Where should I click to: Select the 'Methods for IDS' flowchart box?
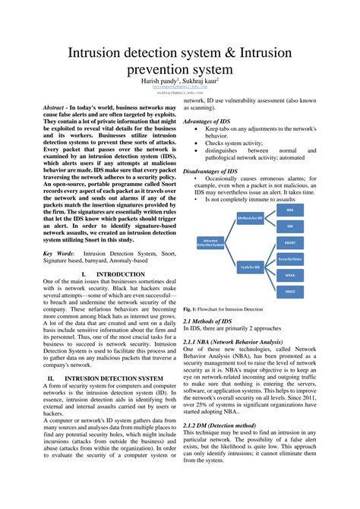point(250,218)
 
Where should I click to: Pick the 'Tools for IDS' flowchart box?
point(250,267)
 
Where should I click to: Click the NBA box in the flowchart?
point(289,209)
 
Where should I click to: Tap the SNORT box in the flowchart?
point(289,242)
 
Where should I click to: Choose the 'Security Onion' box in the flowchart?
point(289,259)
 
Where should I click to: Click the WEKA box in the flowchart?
point(289,275)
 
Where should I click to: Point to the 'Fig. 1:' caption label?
point(190,310)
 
